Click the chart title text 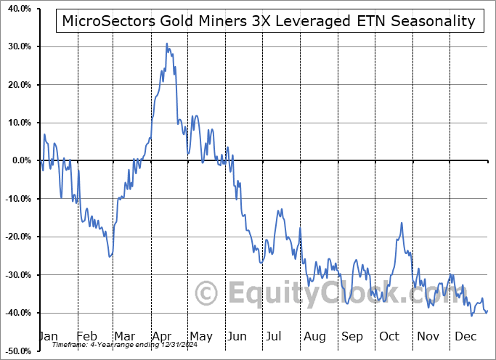click(269, 21)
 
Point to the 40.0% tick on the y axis click(16, 9)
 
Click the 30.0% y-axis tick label click(16, 46)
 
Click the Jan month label click(48, 336)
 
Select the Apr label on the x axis click(162, 336)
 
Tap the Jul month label click(275, 336)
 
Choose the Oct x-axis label click(389, 336)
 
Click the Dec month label click(465, 336)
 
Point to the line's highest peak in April click(166, 44)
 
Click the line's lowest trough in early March click(110, 257)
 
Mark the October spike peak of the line click(400, 223)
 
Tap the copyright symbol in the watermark click(208, 294)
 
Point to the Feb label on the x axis click(86, 336)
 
